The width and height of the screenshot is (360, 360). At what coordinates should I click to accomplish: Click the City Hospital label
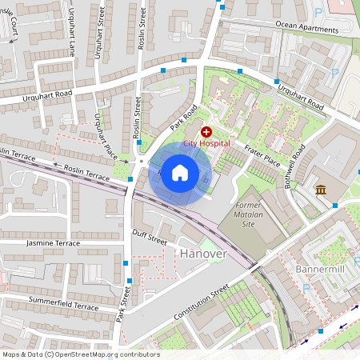(x=207, y=143)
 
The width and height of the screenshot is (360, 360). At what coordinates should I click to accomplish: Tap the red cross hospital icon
(x=206, y=131)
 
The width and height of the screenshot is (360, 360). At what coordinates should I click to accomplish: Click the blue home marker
(x=180, y=173)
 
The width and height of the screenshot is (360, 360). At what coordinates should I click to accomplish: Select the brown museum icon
(x=321, y=190)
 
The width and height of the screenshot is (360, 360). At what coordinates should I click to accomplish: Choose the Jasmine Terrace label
(x=53, y=242)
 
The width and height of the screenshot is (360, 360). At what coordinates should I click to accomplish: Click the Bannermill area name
(x=320, y=268)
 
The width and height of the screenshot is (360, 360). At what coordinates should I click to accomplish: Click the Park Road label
(x=182, y=116)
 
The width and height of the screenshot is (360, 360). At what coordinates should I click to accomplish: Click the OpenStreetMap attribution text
(x=80, y=354)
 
